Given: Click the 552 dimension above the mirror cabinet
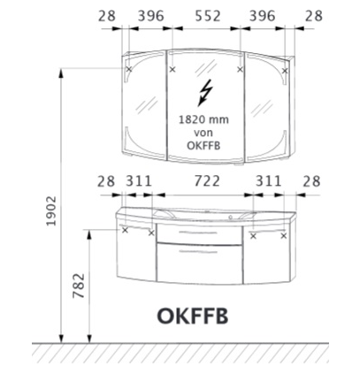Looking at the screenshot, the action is point(208,16).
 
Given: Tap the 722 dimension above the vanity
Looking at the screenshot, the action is point(207,181).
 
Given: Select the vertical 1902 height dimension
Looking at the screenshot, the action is point(51,210).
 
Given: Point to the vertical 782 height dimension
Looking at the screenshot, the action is point(79,286).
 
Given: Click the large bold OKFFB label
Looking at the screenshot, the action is point(193,317).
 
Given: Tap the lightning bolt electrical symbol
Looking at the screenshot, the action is point(205,93).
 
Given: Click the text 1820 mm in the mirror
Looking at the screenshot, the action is point(203,119).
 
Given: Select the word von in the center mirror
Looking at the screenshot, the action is point(203,133).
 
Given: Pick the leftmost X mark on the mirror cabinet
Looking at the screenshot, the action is point(129,70).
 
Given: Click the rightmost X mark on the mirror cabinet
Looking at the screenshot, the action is point(285,71).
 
